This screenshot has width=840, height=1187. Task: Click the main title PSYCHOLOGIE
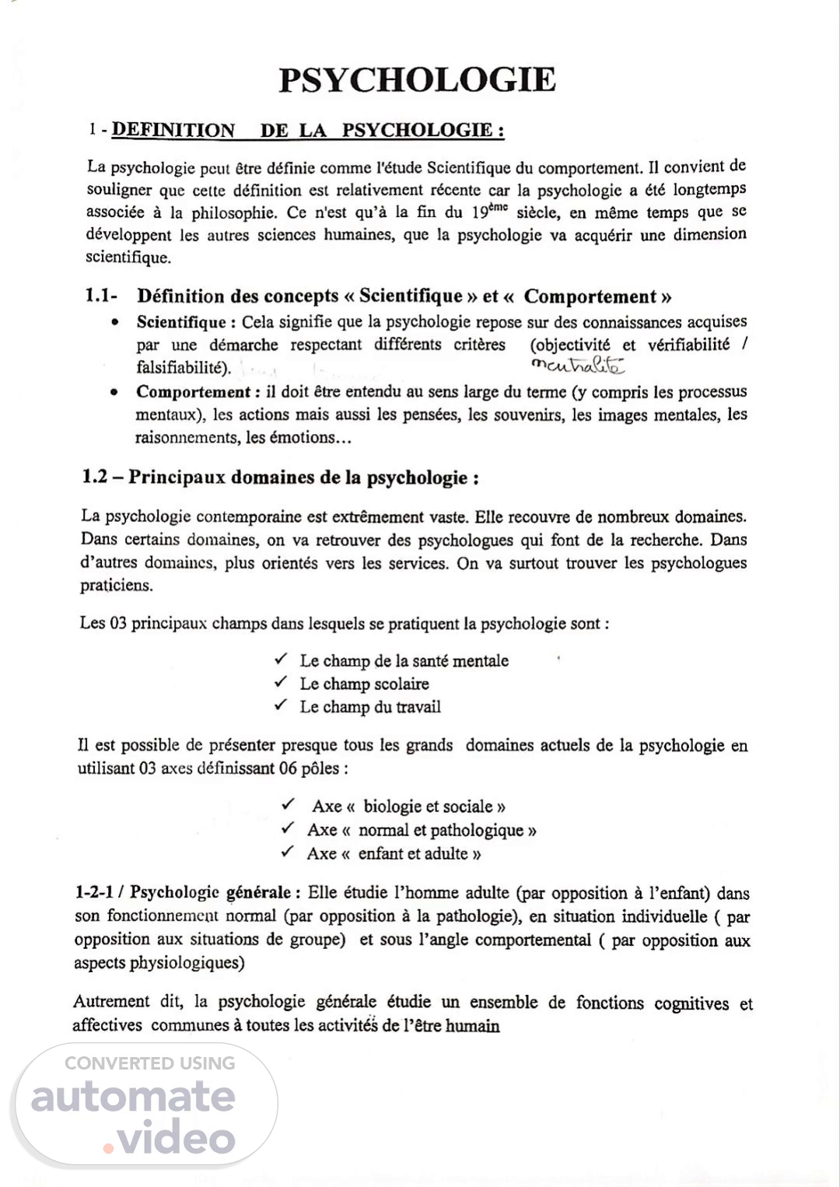tap(418, 80)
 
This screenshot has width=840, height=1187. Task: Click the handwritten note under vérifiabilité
tap(578, 365)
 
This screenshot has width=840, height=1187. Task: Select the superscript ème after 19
tap(498, 206)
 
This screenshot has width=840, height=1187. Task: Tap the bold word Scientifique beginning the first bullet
tap(181, 322)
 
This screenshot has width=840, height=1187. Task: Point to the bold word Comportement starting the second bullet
tap(193, 392)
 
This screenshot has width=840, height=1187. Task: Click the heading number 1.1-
tap(101, 296)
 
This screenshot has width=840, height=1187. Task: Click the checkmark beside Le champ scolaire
tap(281, 682)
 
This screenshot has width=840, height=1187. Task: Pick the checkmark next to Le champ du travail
tap(281, 706)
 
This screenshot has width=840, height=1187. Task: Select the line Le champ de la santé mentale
tap(404, 660)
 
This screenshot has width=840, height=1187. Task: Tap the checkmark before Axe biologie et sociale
tap(289, 804)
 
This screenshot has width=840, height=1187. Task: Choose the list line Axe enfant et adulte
tap(394, 853)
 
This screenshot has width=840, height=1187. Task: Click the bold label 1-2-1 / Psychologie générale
tap(184, 893)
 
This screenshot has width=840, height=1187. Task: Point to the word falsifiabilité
tap(183, 368)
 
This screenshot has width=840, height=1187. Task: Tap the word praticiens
tap(117, 585)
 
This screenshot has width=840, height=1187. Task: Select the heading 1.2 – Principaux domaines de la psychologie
tap(280, 477)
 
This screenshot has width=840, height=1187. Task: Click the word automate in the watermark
tap(133, 1096)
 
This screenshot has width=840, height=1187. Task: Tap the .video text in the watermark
tap(170, 1139)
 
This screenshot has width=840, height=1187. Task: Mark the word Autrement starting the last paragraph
tap(111, 1002)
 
